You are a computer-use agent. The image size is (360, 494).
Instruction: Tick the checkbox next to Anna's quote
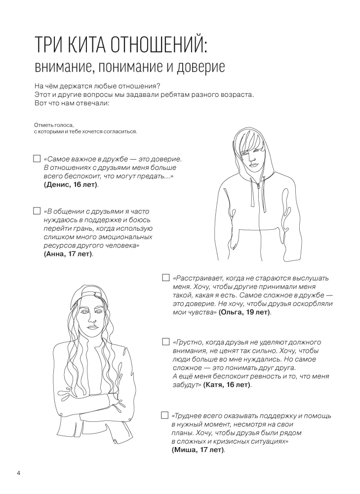[x=36, y=211]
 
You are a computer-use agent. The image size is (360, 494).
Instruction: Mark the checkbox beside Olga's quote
[x=165, y=278]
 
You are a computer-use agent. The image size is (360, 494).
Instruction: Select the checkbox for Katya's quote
[x=165, y=342]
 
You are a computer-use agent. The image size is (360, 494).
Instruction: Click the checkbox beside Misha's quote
[x=165, y=415]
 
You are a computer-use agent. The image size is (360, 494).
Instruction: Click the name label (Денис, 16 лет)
[x=71, y=185]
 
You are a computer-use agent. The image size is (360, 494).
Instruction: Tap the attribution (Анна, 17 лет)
[x=69, y=254]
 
